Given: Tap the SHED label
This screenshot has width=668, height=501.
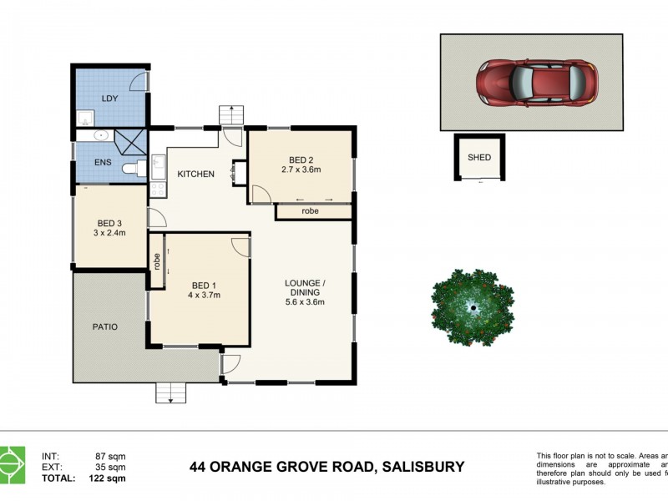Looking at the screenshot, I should click(x=478, y=157).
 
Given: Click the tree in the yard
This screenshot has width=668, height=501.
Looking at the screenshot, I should click(x=472, y=307).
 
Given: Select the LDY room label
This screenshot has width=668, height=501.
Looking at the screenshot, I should click(x=109, y=99).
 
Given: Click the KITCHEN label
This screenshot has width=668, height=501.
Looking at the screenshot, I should click(x=195, y=174).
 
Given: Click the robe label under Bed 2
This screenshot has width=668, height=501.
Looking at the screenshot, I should click(x=311, y=211).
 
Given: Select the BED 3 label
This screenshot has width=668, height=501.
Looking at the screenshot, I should click(x=110, y=223).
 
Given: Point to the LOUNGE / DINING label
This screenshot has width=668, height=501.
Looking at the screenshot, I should click(x=304, y=287).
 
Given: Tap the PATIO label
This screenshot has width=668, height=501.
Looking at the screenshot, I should click(x=104, y=326).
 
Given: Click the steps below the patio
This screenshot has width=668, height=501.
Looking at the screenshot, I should click(x=170, y=392).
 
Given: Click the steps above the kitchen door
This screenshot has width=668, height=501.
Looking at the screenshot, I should click(x=230, y=114).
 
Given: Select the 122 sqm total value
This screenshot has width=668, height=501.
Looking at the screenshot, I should click(x=109, y=478).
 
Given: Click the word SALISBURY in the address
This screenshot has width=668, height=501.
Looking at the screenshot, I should click(x=423, y=467).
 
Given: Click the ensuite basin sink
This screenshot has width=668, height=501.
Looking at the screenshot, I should click(x=99, y=135).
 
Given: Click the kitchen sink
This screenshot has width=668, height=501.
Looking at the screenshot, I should click(x=158, y=163).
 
